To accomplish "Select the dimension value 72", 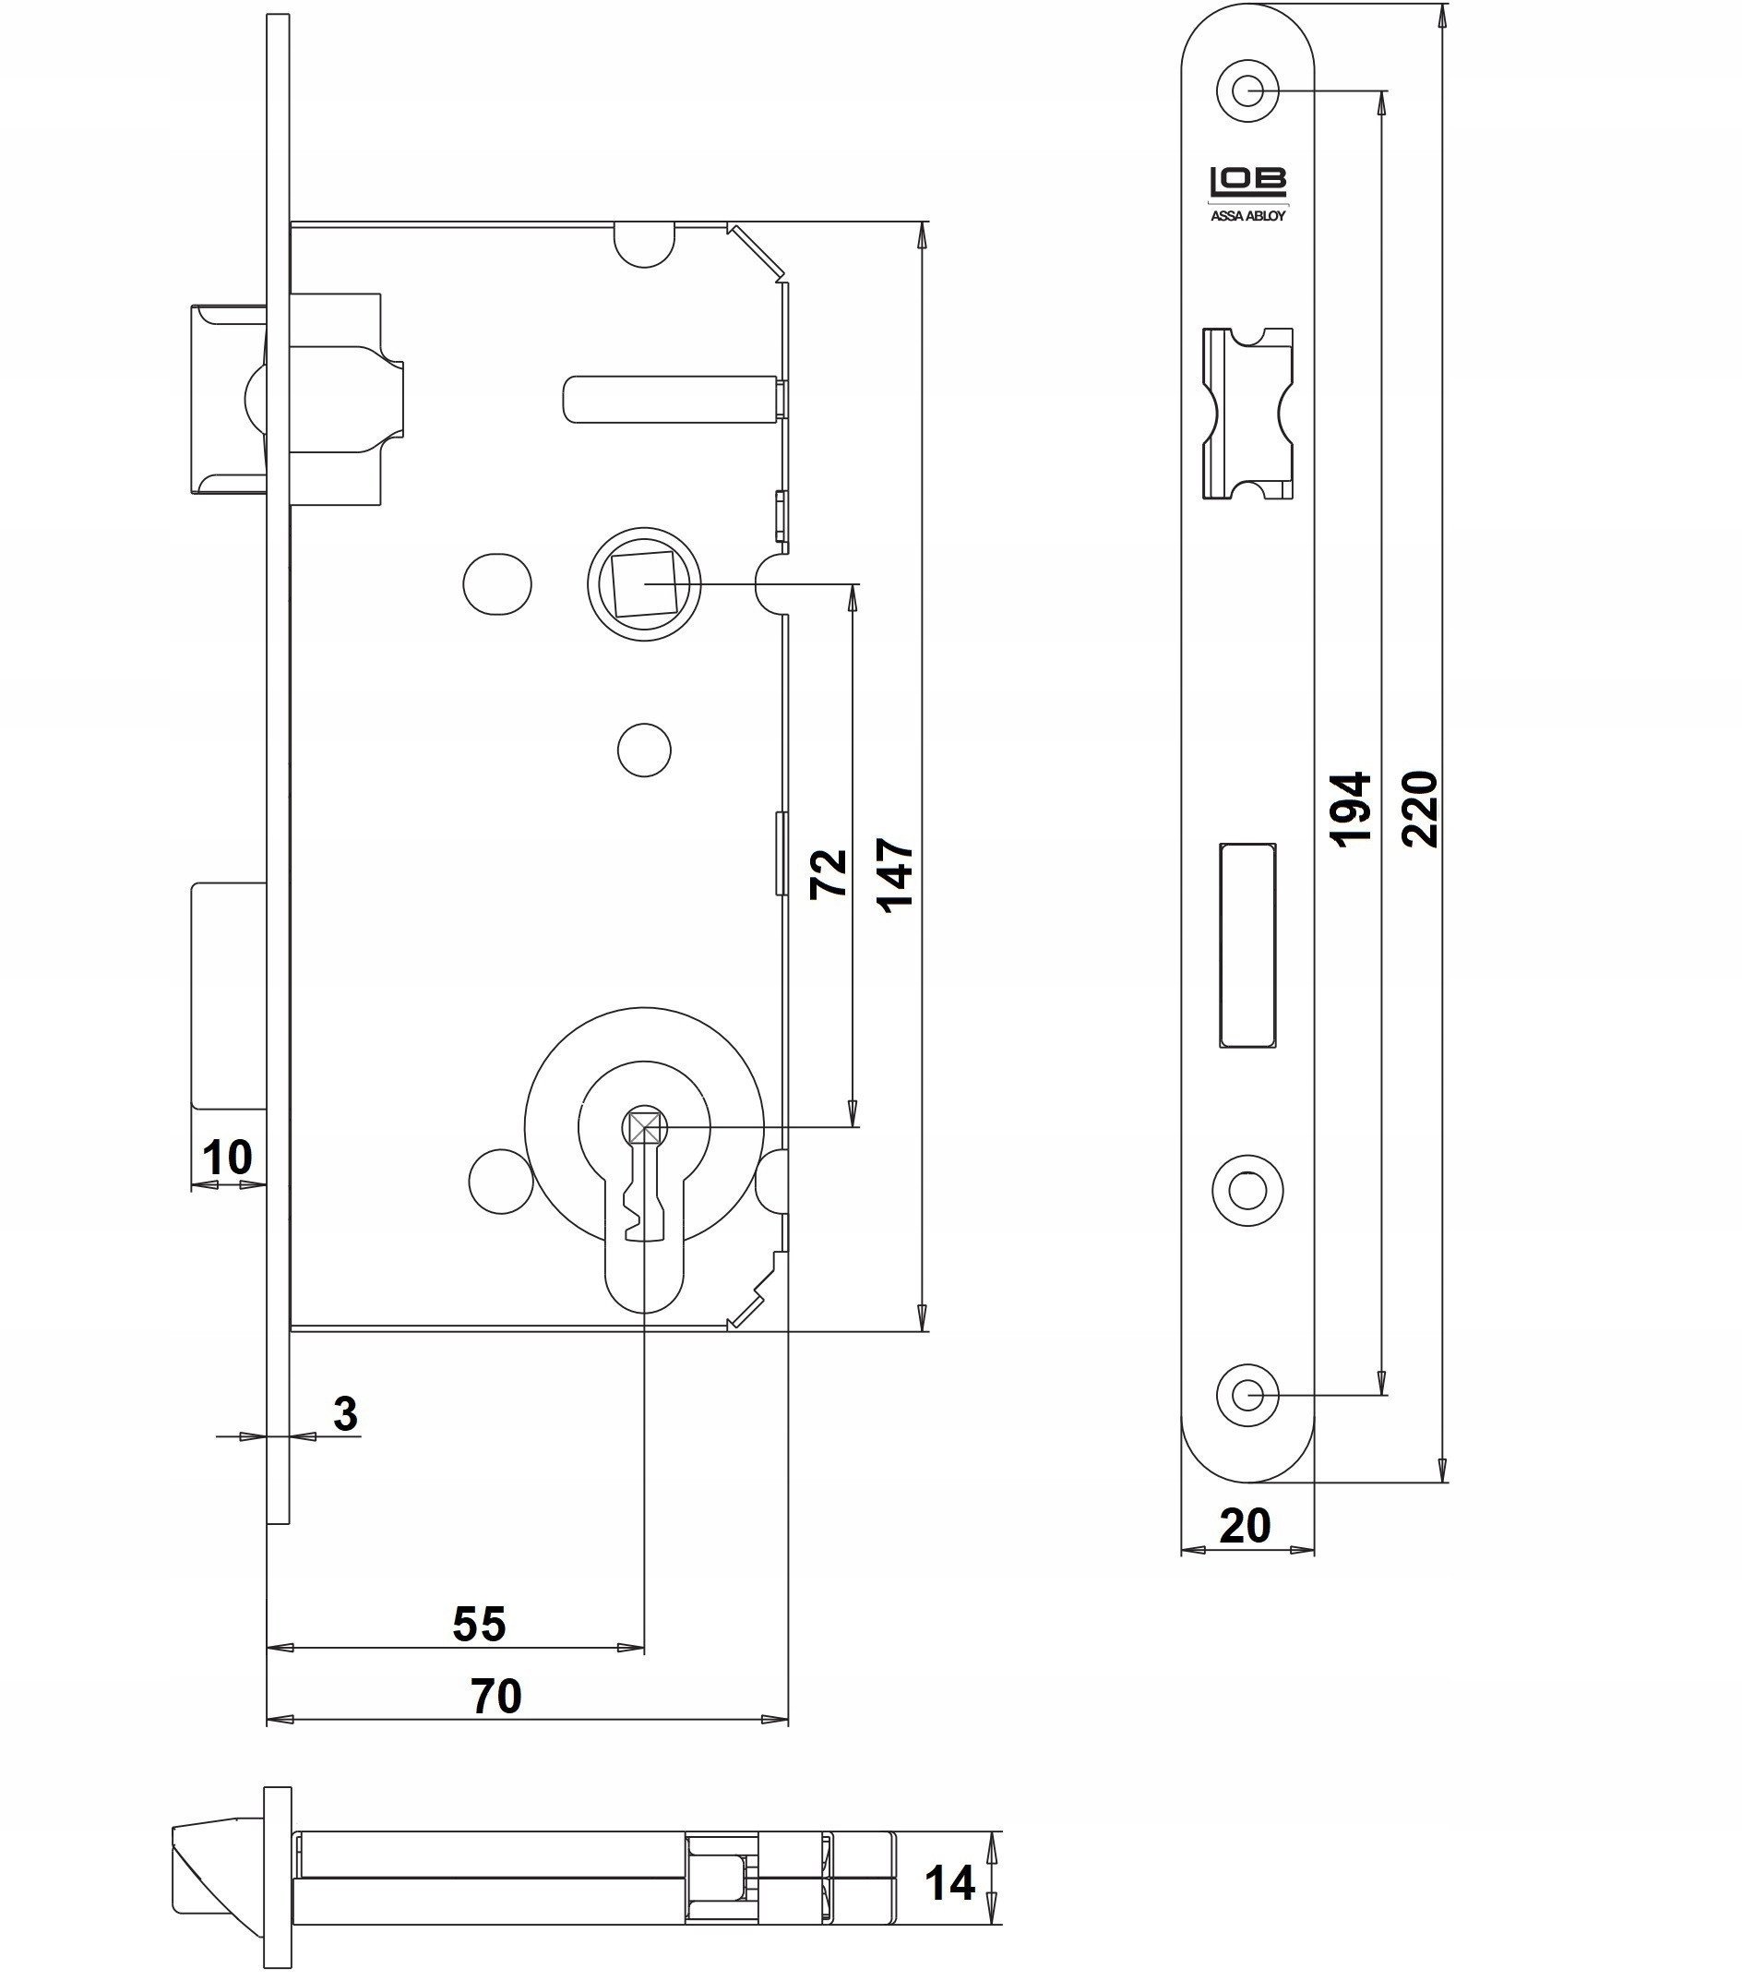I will (829, 874).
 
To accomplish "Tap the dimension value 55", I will (480, 1625).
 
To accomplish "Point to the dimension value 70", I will (496, 1696).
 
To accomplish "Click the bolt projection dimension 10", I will (227, 1157).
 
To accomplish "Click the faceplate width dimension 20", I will (1244, 1527).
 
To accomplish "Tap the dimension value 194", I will (1350, 810).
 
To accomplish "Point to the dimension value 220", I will (1419, 810).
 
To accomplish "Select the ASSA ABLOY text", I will (1247, 216).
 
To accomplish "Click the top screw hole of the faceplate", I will (1247, 92).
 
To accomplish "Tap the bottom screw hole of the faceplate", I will (1247, 1395).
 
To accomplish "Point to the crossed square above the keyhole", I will (644, 1127).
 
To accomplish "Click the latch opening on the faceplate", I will (1247, 414).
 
